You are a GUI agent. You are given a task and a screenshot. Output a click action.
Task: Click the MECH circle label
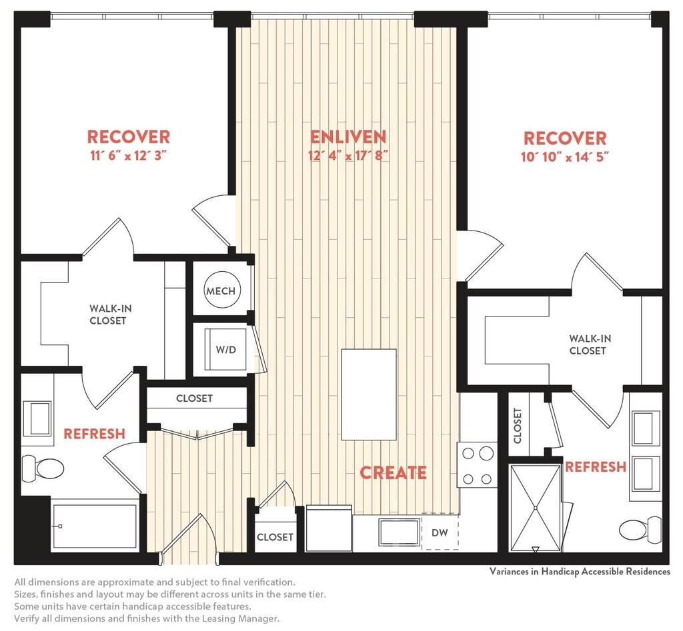pos(221,291)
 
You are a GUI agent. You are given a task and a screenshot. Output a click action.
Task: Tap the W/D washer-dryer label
pos(226,349)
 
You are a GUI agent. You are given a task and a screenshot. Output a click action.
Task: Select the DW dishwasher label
pos(440,532)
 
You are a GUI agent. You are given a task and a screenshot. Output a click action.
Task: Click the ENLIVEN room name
pos(348,137)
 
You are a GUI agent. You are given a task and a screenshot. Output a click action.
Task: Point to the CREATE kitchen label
pos(393,472)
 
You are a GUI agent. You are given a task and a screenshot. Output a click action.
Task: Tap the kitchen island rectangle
pos(369,394)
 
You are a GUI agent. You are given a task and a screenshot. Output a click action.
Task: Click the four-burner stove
pos(477,465)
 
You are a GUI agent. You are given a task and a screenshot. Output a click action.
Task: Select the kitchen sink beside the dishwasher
pos(400,532)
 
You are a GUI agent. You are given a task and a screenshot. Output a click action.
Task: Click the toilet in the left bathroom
pos(43,468)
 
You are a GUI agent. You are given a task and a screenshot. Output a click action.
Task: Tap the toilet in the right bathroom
pos(640,530)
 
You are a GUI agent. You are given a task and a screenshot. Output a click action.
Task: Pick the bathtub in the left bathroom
pos(94,526)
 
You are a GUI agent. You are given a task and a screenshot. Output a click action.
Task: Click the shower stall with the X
pos(536,508)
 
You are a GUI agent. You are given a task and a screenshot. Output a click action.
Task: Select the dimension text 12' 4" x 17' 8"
pos(348,156)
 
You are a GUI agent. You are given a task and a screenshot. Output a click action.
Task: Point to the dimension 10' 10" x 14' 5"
pos(564,157)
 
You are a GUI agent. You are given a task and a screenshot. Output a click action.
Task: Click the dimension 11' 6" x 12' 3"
pos(129,155)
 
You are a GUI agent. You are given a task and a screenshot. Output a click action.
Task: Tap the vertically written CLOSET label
pos(518,426)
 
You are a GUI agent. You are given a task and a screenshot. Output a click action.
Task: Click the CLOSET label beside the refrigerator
pos(275,537)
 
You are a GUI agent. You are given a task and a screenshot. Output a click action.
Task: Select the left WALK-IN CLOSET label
pos(110,315)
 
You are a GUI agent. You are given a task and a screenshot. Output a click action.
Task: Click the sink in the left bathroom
pos(37,418)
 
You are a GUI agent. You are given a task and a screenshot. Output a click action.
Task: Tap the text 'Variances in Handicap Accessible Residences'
pos(580,572)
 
